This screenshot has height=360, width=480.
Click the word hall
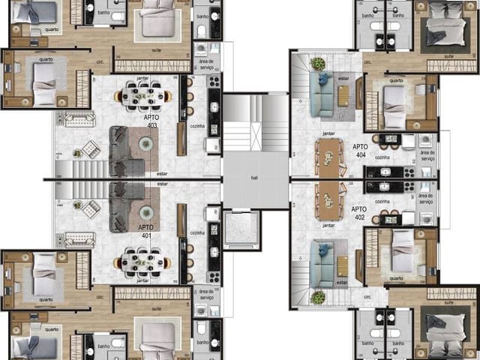tap(255, 178)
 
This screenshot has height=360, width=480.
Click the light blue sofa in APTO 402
tap(324, 262)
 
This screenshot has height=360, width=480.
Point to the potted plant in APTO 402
tap(318, 298)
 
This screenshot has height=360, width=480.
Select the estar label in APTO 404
tap(343, 78)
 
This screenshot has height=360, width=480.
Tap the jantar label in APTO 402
tap(328, 225)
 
